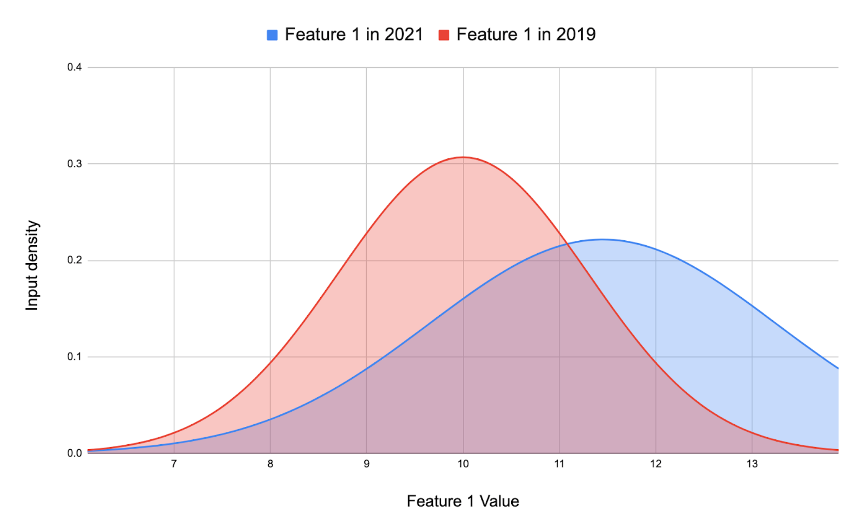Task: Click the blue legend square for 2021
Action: [272, 35]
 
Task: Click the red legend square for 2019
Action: [444, 35]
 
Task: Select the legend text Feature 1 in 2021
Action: [354, 35]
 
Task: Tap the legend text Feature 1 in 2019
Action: [526, 35]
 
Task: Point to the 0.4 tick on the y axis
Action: [74, 67]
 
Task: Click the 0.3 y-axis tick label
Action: [74, 164]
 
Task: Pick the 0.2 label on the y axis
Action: [74, 261]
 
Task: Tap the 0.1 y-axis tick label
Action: [74, 357]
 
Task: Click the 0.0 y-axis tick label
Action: [74, 453]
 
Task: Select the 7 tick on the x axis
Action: [174, 464]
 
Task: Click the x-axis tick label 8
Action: [270, 464]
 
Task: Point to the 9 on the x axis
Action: [366, 464]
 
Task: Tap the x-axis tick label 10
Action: [463, 464]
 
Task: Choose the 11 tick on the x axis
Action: [559, 464]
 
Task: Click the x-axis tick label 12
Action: [656, 464]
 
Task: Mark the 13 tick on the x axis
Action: [752, 464]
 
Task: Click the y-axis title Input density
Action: [32, 265]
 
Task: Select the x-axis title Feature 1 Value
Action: [463, 501]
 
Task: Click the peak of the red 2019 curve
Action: [463, 157]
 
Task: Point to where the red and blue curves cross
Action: [568, 243]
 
